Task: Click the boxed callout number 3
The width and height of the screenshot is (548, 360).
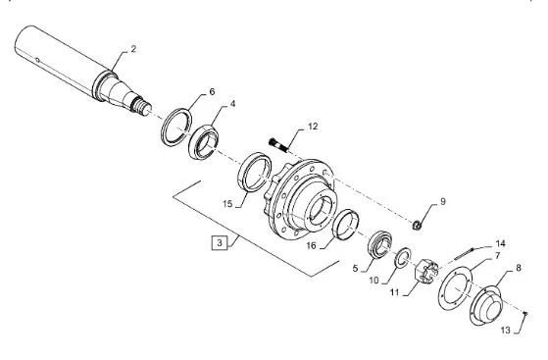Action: [220, 243]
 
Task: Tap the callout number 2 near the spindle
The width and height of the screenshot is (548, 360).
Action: [133, 49]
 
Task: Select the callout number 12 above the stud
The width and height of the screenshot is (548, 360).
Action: [313, 127]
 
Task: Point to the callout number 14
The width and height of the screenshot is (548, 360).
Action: [500, 243]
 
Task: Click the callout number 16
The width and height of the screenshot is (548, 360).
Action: [311, 246]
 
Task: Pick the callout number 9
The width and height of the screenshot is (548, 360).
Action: [443, 201]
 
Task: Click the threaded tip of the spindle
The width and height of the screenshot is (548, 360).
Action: [141, 107]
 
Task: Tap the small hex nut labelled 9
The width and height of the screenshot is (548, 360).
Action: [417, 225]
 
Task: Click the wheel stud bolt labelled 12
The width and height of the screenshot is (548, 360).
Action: [278, 145]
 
